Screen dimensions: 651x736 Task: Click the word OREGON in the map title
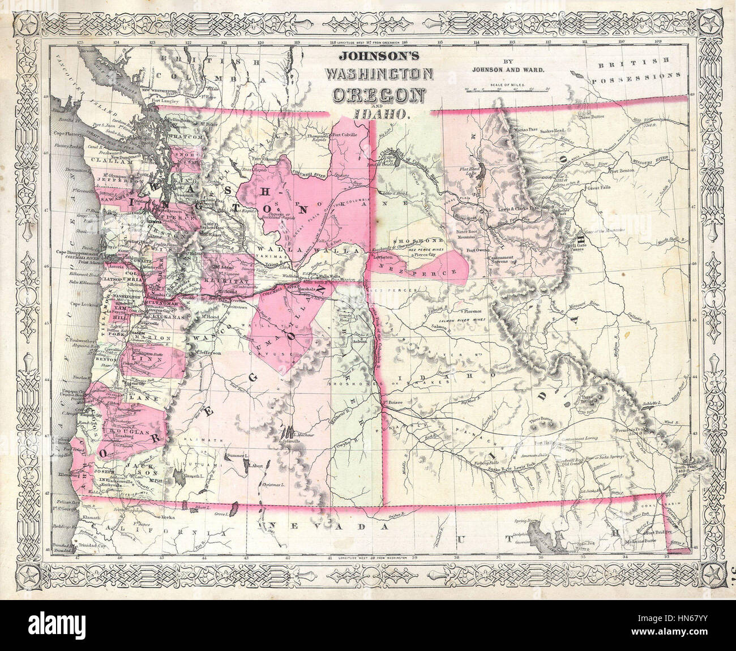378,94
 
